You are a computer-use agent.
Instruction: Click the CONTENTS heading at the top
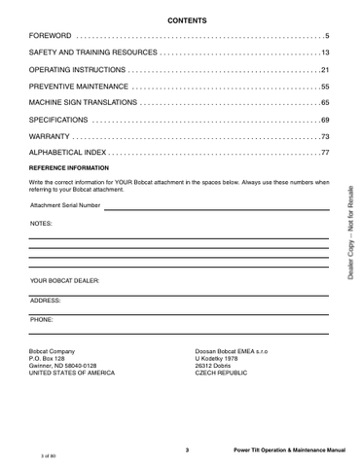coord(180,19)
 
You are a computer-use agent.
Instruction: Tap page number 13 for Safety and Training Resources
coord(325,53)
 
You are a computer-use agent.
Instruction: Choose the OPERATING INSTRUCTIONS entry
coord(78,70)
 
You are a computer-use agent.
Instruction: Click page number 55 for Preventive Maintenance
coord(325,87)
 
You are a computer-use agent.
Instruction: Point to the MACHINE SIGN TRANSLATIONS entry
coord(85,103)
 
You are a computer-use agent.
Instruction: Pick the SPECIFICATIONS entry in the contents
coord(59,120)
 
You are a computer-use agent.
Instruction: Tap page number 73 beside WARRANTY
coord(325,136)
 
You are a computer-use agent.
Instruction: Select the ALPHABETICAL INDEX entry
coord(68,153)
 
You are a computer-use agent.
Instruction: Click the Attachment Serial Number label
coord(65,205)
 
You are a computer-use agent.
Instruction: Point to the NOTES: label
coord(42,223)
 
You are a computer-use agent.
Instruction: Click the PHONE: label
coord(42,319)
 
